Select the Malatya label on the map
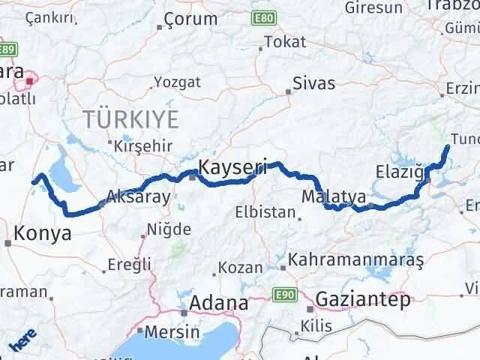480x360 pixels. coord(334,197)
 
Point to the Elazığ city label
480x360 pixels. coord(400,175)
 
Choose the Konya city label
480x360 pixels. coord(43,233)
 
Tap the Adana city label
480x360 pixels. coord(219,303)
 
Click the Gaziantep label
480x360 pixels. coord(364,300)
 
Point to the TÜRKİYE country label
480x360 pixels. coord(132,118)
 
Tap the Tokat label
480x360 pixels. coord(290,43)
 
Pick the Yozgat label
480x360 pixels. coord(177,82)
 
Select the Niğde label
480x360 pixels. coord(169,229)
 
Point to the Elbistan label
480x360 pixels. coord(265,212)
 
